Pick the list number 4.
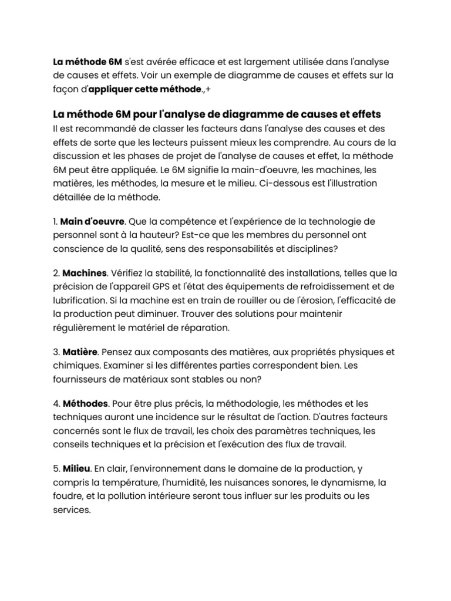pyautogui.click(x=55, y=404)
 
